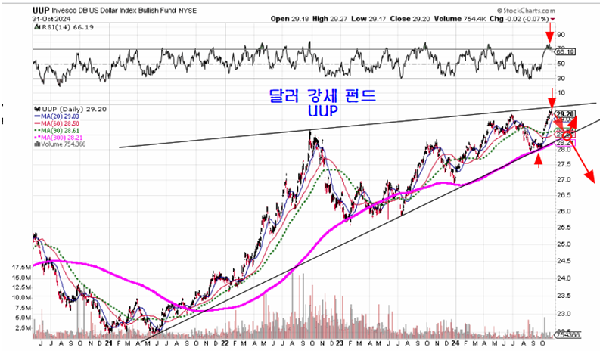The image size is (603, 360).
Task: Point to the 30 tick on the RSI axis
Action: pyautogui.click(x=561, y=78)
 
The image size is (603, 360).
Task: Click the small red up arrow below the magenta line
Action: pyautogui.click(x=539, y=160)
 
